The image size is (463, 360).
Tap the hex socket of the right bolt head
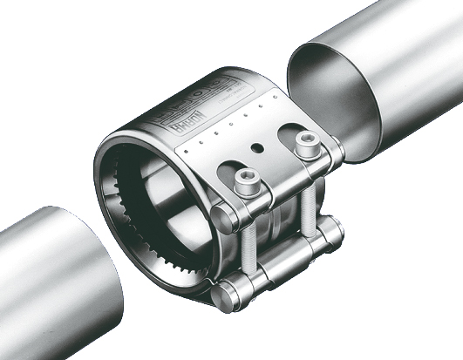[x=304, y=140]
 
